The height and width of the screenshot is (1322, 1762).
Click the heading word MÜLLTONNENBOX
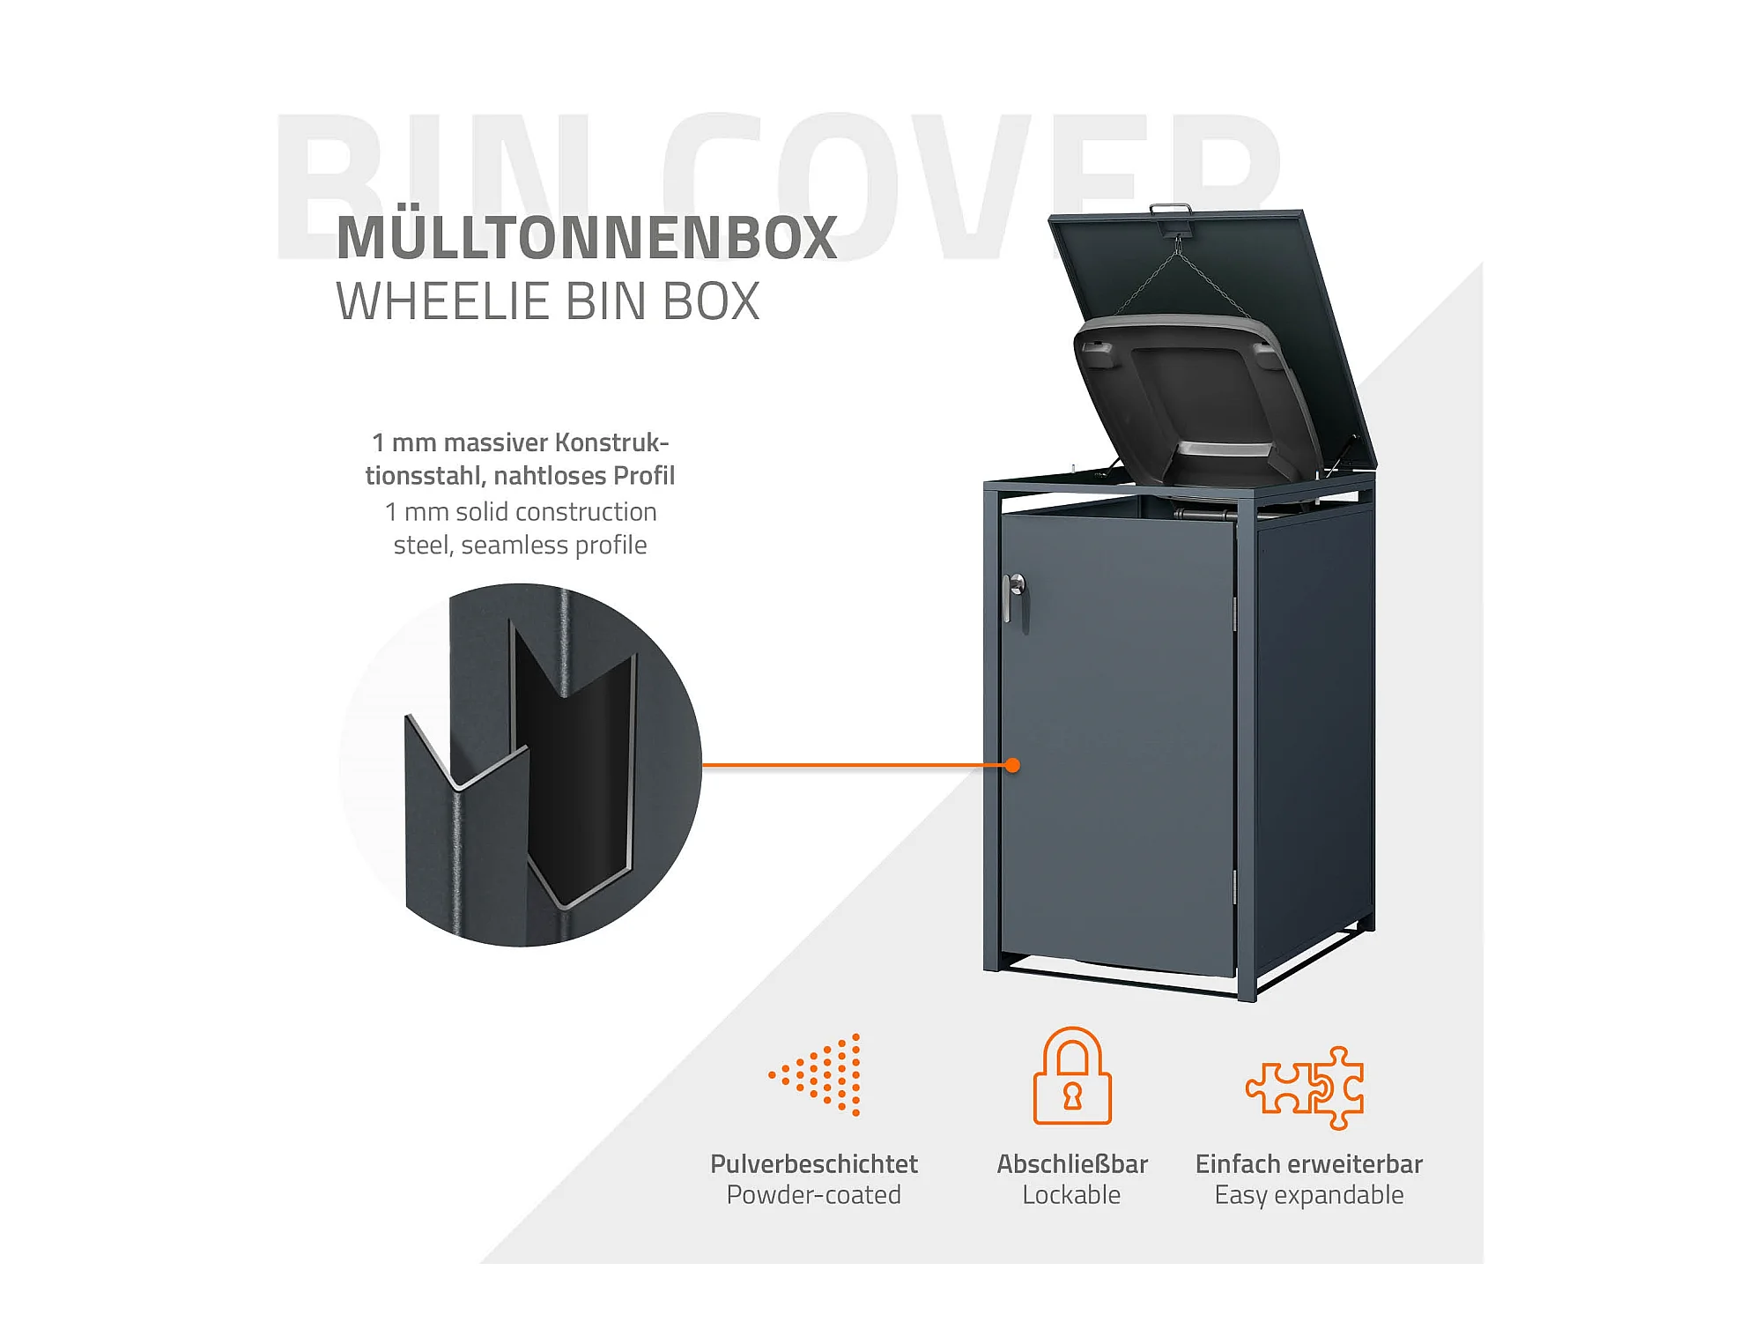[587, 238]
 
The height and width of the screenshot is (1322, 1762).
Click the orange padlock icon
[1071, 1076]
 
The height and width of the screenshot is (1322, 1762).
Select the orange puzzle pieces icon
[1306, 1088]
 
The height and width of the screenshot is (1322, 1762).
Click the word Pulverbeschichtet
[813, 1163]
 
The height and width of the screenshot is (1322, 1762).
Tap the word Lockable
[1071, 1195]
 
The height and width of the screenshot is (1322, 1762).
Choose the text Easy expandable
[1308, 1195]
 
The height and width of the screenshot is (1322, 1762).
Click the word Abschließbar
[1071, 1163]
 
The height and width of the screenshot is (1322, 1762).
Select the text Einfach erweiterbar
[1308, 1163]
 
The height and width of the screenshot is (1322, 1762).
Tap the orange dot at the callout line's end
[1012, 765]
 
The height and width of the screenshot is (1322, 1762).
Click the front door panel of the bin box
[1119, 749]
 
